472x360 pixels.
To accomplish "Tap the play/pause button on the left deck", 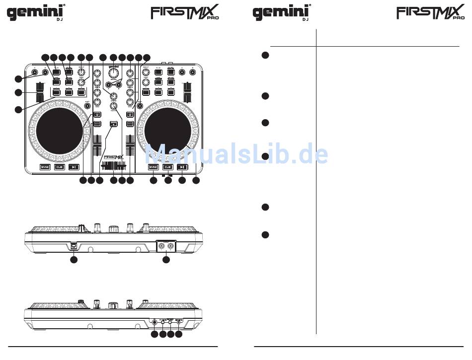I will pyautogui.click(x=74, y=167).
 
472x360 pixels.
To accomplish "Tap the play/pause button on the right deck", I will pyautogui.click(x=182, y=167).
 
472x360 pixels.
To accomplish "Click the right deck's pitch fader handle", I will pyautogui.click(x=187, y=94).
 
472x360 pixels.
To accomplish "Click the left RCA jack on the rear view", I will pyautogui.click(x=161, y=245).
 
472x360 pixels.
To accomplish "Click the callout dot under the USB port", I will pyautogui.click(x=74, y=259).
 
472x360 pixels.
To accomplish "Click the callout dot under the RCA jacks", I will pyautogui.click(x=166, y=259).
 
